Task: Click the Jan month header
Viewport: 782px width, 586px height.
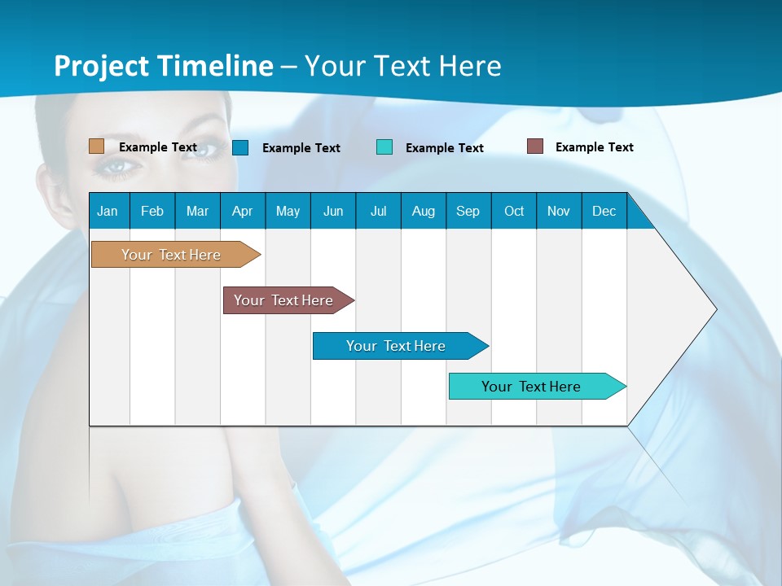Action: (x=108, y=211)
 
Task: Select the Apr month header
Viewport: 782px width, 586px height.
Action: (x=242, y=211)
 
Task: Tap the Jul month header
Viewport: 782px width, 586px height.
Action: (x=378, y=211)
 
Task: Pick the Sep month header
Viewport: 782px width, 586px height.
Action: (x=468, y=211)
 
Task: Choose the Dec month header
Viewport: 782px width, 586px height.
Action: (x=604, y=211)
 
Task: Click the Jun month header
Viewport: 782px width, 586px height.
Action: (x=332, y=211)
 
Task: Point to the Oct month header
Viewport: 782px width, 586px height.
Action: (x=514, y=211)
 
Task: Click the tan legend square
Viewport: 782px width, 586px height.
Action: (x=96, y=146)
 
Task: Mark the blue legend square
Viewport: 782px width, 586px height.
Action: (x=240, y=147)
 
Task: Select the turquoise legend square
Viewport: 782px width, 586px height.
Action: (x=384, y=147)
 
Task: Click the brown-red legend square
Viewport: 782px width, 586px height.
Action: (x=534, y=146)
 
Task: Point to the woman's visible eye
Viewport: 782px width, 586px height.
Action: (x=116, y=165)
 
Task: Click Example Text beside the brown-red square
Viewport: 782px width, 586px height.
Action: (x=594, y=147)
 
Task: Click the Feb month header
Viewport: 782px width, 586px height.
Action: (x=152, y=211)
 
